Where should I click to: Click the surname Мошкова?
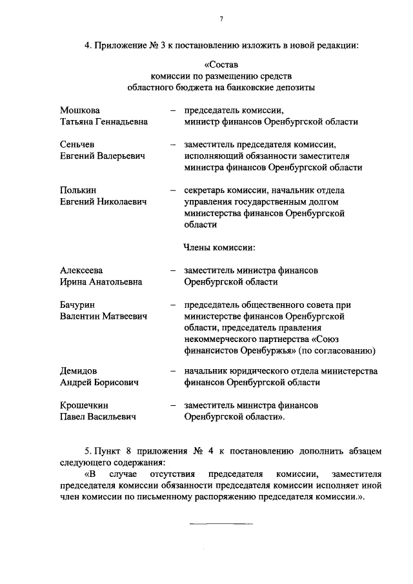[x=80, y=110]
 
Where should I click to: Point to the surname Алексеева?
[x=81, y=270]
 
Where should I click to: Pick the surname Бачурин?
[x=79, y=305]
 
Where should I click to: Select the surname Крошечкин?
[x=85, y=405]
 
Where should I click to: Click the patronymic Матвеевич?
[x=123, y=316]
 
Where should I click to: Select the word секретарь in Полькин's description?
[x=205, y=190]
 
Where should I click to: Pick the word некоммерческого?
[x=221, y=339]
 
